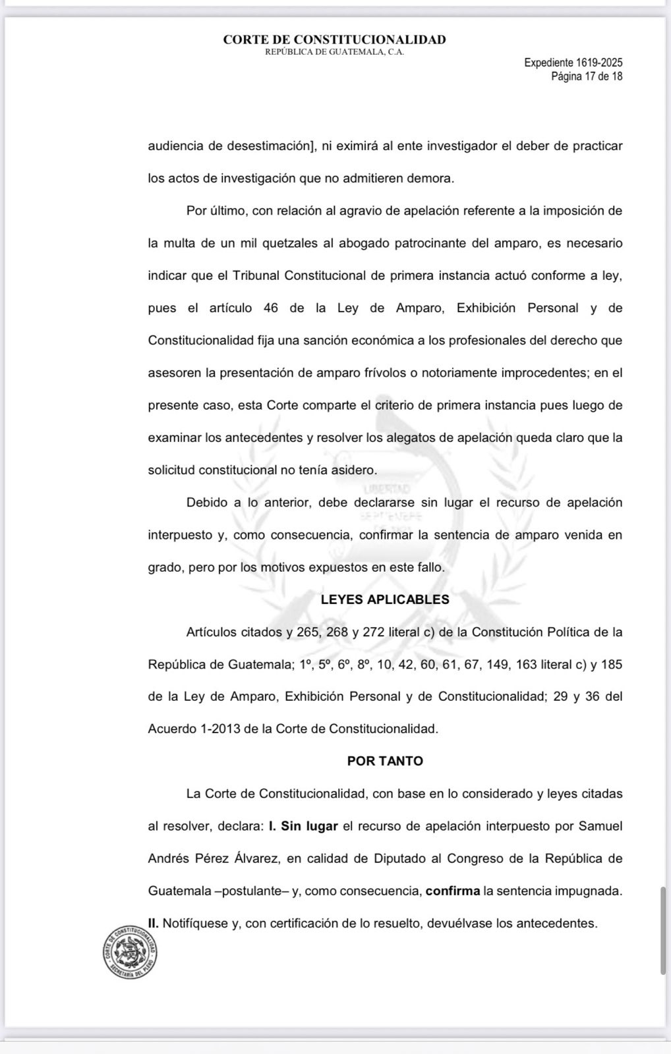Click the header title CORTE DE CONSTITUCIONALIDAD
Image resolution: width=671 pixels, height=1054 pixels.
(x=334, y=40)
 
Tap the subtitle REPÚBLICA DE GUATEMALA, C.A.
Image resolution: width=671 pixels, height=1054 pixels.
(x=334, y=52)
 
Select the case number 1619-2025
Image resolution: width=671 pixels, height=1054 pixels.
(x=599, y=63)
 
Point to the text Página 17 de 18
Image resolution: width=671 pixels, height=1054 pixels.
(x=587, y=76)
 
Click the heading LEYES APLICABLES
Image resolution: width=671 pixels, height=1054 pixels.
(x=385, y=599)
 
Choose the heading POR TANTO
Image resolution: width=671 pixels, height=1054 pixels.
(x=385, y=761)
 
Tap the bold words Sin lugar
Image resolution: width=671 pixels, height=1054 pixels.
(x=309, y=826)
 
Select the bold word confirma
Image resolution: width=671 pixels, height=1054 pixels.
(x=453, y=891)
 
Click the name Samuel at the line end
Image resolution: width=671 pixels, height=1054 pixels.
(x=600, y=826)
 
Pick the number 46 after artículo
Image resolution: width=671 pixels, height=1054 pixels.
(x=270, y=308)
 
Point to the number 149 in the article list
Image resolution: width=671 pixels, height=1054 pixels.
(x=498, y=664)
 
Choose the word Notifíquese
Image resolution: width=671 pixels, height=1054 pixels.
(x=194, y=923)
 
